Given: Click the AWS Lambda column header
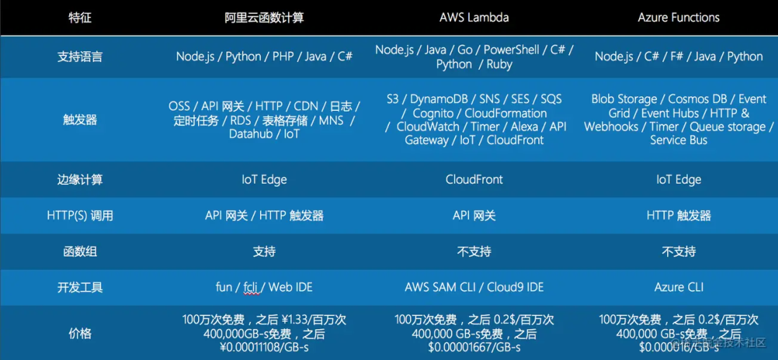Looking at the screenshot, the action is pos(474,17).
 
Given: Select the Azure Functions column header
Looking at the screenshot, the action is pos(679,17).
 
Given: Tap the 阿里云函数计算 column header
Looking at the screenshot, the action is pos(264,17).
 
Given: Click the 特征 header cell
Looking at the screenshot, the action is pos(80,17).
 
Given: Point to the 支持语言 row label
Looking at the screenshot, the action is pos(80,57).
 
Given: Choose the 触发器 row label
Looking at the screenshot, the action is pos(80,120).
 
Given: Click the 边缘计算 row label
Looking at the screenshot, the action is pos(80,179).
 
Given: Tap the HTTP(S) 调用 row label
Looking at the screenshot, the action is pos(80,215).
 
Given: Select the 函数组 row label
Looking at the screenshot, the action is pos(80,251).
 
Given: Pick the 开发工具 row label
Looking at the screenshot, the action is pos(80,287).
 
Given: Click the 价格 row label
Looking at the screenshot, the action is pos(80,333).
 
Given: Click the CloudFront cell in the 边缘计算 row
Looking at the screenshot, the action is pos(474,179).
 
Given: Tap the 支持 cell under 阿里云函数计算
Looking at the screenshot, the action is pos(264,251).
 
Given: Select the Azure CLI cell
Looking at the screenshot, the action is pos(679,287).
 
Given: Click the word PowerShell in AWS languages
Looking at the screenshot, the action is pos(511,50).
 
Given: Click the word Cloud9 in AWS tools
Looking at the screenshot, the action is pos(506,287).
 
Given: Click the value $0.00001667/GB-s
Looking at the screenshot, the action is pos(474,348).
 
